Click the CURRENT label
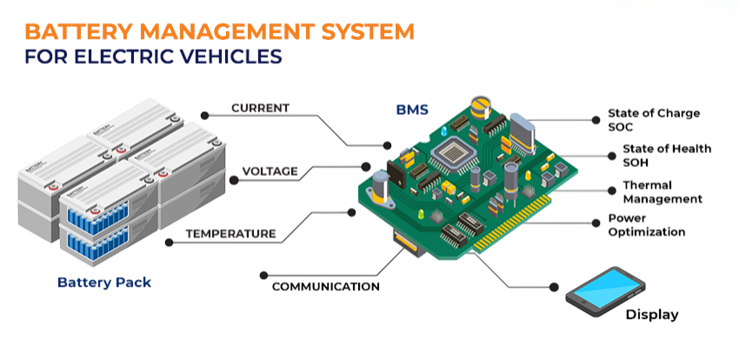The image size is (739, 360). (x=260, y=108)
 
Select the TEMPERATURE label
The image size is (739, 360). (x=230, y=234)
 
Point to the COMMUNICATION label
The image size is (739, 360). (x=325, y=286)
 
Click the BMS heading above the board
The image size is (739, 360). (x=412, y=110)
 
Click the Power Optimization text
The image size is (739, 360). (x=646, y=225)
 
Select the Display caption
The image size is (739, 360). (x=652, y=315)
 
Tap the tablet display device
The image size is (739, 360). (x=605, y=289)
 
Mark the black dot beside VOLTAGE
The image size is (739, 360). (x=234, y=180)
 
